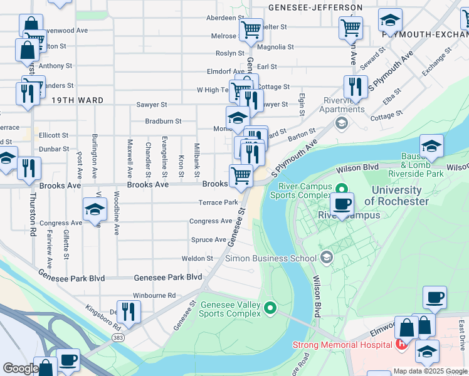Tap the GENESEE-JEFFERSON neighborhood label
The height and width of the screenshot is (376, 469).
coord(315,8)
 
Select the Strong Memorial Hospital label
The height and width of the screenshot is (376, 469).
coord(343,345)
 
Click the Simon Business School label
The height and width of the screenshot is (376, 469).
coord(271,258)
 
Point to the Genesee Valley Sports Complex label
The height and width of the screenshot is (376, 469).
coord(230,308)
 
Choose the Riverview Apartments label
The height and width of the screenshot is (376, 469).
coord(344,105)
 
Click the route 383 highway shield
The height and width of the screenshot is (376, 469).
coord(118,337)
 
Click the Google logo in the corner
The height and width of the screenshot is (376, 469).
coord(20,368)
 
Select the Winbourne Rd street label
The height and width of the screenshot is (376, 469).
coord(154,295)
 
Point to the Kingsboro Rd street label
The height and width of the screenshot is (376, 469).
coord(103,318)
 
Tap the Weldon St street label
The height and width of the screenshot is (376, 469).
coord(198,258)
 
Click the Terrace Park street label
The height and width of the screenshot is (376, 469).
coord(218,202)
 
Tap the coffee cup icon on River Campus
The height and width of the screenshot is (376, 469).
coord(342,204)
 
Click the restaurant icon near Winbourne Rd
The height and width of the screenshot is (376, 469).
coord(129,312)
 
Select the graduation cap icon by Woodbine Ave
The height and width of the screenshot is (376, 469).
coord(95,209)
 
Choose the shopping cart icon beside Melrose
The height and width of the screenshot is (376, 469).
coord(251,29)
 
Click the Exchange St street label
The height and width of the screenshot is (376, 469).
coord(437,64)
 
